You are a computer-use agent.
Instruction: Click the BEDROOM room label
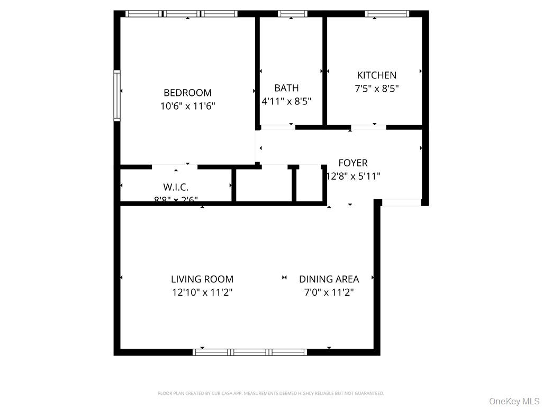[x=187, y=93]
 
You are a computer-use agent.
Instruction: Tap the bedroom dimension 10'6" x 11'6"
[x=187, y=106]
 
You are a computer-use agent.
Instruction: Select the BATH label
[x=286, y=88]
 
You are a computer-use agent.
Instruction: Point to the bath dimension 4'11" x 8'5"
[x=286, y=101]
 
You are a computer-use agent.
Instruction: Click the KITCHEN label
[x=376, y=75]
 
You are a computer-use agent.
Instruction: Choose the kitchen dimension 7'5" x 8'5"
[x=376, y=89]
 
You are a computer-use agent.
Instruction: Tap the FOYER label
[x=353, y=163]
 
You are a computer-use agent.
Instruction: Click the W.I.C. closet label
[x=176, y=187]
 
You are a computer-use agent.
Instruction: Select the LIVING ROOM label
[x=202, y=279]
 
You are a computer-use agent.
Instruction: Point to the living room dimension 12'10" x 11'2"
[x=202, y=292]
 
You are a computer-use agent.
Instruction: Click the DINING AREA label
[x=329, y=279]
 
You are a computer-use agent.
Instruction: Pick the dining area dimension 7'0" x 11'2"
[x=329, y=292]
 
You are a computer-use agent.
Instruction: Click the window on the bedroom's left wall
[x=117, y=96]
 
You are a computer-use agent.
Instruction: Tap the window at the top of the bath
[x=292, y=14]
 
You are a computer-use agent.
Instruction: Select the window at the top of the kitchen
[x=387, y=14]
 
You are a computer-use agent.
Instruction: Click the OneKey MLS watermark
[x=513, y=401]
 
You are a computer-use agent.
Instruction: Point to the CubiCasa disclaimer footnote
[x=271, y=393]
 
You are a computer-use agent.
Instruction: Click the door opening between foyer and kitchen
[x=368, y=127]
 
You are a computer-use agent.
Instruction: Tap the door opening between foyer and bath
[x=277, y=127]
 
